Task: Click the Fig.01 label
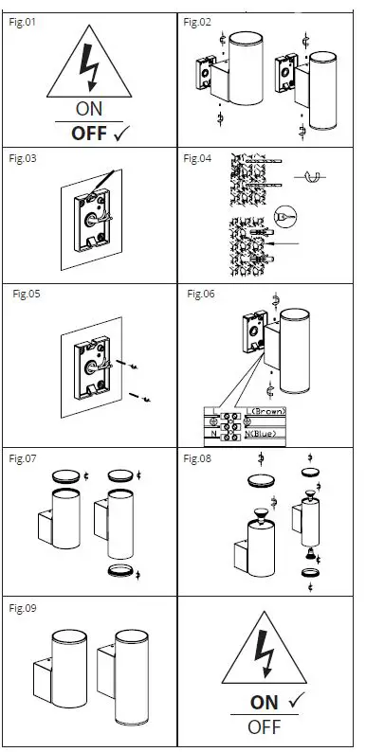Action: click(23, 22)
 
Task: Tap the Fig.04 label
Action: click(197, 158)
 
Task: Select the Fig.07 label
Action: click(23, 458)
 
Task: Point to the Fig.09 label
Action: click(23, 608)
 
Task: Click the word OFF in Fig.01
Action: click(89, 134)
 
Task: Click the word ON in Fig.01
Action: click(89, 109)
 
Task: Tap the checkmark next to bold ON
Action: click(297, 701)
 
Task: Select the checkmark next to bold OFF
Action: click(122, 134)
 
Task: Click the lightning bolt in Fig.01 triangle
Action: click(89, 67)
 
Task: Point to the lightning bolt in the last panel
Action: click(265, 654)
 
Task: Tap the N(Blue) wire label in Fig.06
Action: click(261, 434)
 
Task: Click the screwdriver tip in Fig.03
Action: click(89, 197)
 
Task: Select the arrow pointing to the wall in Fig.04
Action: click(284, 243)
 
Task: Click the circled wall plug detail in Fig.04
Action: click(285, 217)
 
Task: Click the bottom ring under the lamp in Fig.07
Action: click(120, 571)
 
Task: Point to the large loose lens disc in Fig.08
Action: click(262, 480)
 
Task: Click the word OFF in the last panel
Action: click(265, 727)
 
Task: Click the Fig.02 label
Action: click(197, 22)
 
